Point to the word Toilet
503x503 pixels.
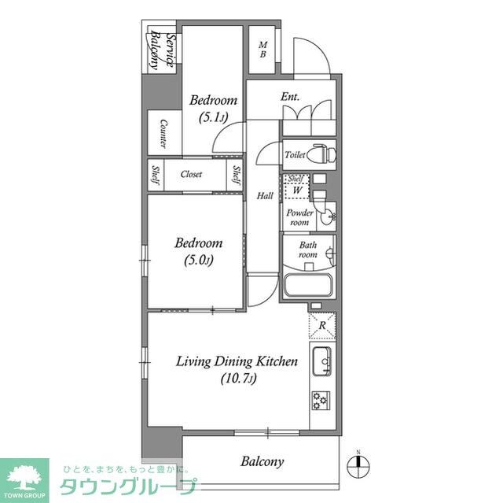295,155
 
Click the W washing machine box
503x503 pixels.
298,190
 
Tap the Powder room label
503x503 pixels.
299,217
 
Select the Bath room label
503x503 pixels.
307,250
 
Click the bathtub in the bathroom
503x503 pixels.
309,285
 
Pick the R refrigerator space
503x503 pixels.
322,324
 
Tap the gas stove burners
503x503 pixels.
321,401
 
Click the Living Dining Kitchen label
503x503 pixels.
236,362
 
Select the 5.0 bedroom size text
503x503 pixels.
197,260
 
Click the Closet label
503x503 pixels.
192,174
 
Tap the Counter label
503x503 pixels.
163,134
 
